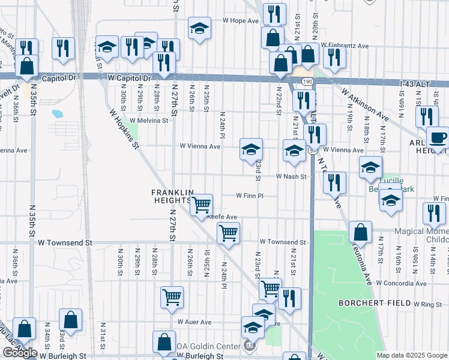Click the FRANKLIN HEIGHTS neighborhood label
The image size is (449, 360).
172,196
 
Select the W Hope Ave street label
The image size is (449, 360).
240,20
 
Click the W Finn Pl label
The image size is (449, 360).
249,195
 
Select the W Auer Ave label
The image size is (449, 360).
194,322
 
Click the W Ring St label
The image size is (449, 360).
427,304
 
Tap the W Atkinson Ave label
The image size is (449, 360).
366,104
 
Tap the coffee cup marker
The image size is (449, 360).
438,138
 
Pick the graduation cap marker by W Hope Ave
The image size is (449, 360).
199,28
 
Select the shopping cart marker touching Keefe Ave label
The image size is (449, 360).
202,205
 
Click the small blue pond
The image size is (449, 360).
58,113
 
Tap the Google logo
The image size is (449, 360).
20,353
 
